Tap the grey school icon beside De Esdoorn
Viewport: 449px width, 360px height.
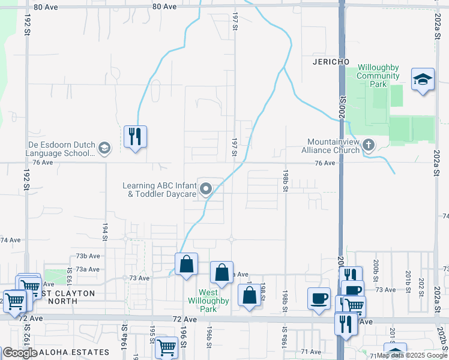[104, 149]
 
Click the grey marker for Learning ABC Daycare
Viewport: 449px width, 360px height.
[206, 190]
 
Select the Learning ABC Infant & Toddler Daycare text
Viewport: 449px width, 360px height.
[159, 190]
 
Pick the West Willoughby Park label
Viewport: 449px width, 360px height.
[208, 301]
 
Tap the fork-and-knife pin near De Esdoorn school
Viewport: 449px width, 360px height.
[135, 137]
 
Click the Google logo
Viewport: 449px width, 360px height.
[20, 352]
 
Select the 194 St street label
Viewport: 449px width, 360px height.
[104, 229]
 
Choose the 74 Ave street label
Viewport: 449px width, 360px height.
[10, 240]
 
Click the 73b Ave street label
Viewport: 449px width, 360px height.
[88, 256]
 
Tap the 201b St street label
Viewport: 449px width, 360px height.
[407, 278]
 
